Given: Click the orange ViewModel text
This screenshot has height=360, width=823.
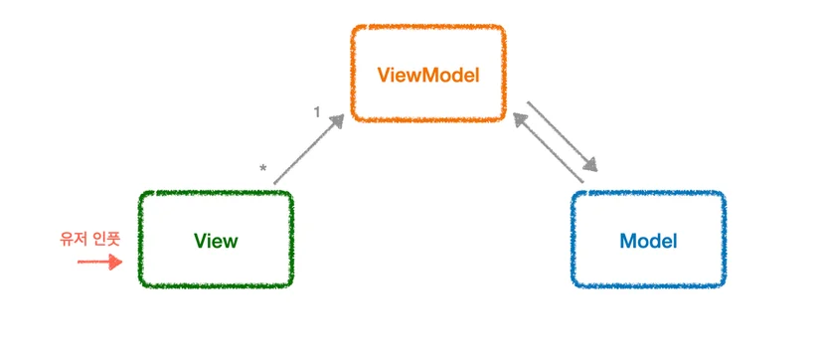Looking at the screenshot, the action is coord(428,77).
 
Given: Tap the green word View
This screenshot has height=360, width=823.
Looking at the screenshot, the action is coord(216,241).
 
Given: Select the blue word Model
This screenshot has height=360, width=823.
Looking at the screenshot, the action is coord(648,241).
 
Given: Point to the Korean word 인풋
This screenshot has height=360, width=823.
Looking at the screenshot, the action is coord(107,239).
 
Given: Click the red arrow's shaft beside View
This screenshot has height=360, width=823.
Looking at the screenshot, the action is coord(93,262).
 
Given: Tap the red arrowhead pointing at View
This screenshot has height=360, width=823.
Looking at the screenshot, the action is coord(115,262).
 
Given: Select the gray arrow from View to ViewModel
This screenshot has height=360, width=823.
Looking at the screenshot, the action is coord(308,149).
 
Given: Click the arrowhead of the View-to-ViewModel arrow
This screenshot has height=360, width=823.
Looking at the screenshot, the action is coord(336,121).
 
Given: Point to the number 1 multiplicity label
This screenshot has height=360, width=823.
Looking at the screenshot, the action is coord(316,111).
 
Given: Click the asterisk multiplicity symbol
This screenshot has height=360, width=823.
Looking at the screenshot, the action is coord(263,168).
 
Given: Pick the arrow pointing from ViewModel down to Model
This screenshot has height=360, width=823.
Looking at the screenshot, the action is coord(563,136).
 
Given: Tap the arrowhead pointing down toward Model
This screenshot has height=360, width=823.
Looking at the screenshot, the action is coord(590,165).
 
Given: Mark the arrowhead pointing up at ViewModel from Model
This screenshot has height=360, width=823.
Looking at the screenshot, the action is coord(521,120).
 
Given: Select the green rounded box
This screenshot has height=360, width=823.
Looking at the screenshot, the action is coord(216,193).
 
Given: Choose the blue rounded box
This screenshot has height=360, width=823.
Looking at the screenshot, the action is coord(648,193).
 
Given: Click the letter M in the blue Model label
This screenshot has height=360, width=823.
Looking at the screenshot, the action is coord(628,241).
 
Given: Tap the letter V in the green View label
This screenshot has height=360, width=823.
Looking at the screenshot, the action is coord(201,241).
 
